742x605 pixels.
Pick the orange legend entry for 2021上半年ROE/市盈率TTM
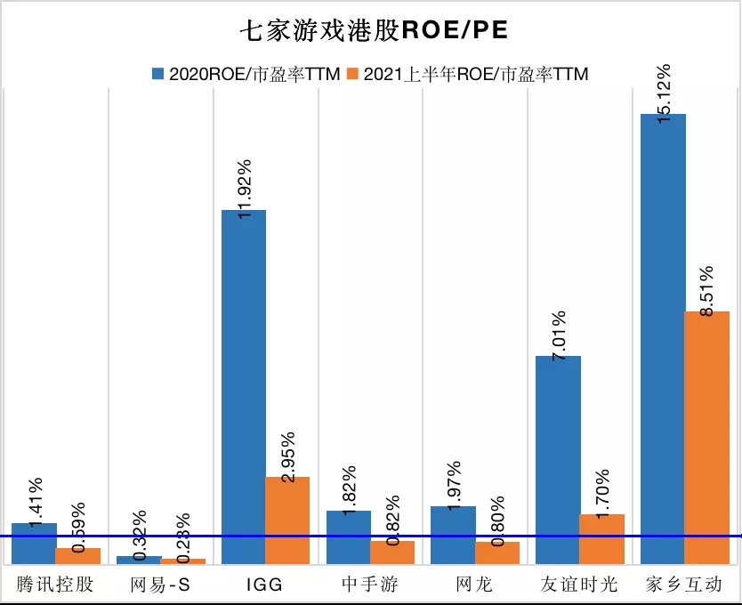coord(468,74)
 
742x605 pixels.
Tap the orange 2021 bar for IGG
coord(287,520)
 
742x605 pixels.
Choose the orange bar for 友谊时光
coord(601,539)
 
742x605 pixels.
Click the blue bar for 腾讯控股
coord(34,543)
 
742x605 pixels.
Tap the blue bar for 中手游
coord(348,537)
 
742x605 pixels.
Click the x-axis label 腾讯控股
coord(55,585)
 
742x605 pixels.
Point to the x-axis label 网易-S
coord(160,585)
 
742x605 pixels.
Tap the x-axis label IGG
coord(265,585)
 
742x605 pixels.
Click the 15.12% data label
coord(663,93)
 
